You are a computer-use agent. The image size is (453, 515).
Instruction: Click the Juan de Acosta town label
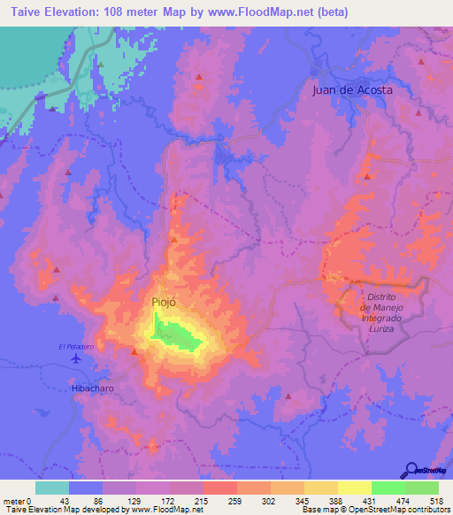352,90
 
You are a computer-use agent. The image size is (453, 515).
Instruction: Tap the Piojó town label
163,302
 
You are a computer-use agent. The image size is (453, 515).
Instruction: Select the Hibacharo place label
93,388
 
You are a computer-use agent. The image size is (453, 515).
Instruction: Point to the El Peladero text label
76,346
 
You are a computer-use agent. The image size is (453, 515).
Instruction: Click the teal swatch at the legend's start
52,488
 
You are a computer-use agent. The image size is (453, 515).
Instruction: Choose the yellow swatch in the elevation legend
354,488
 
